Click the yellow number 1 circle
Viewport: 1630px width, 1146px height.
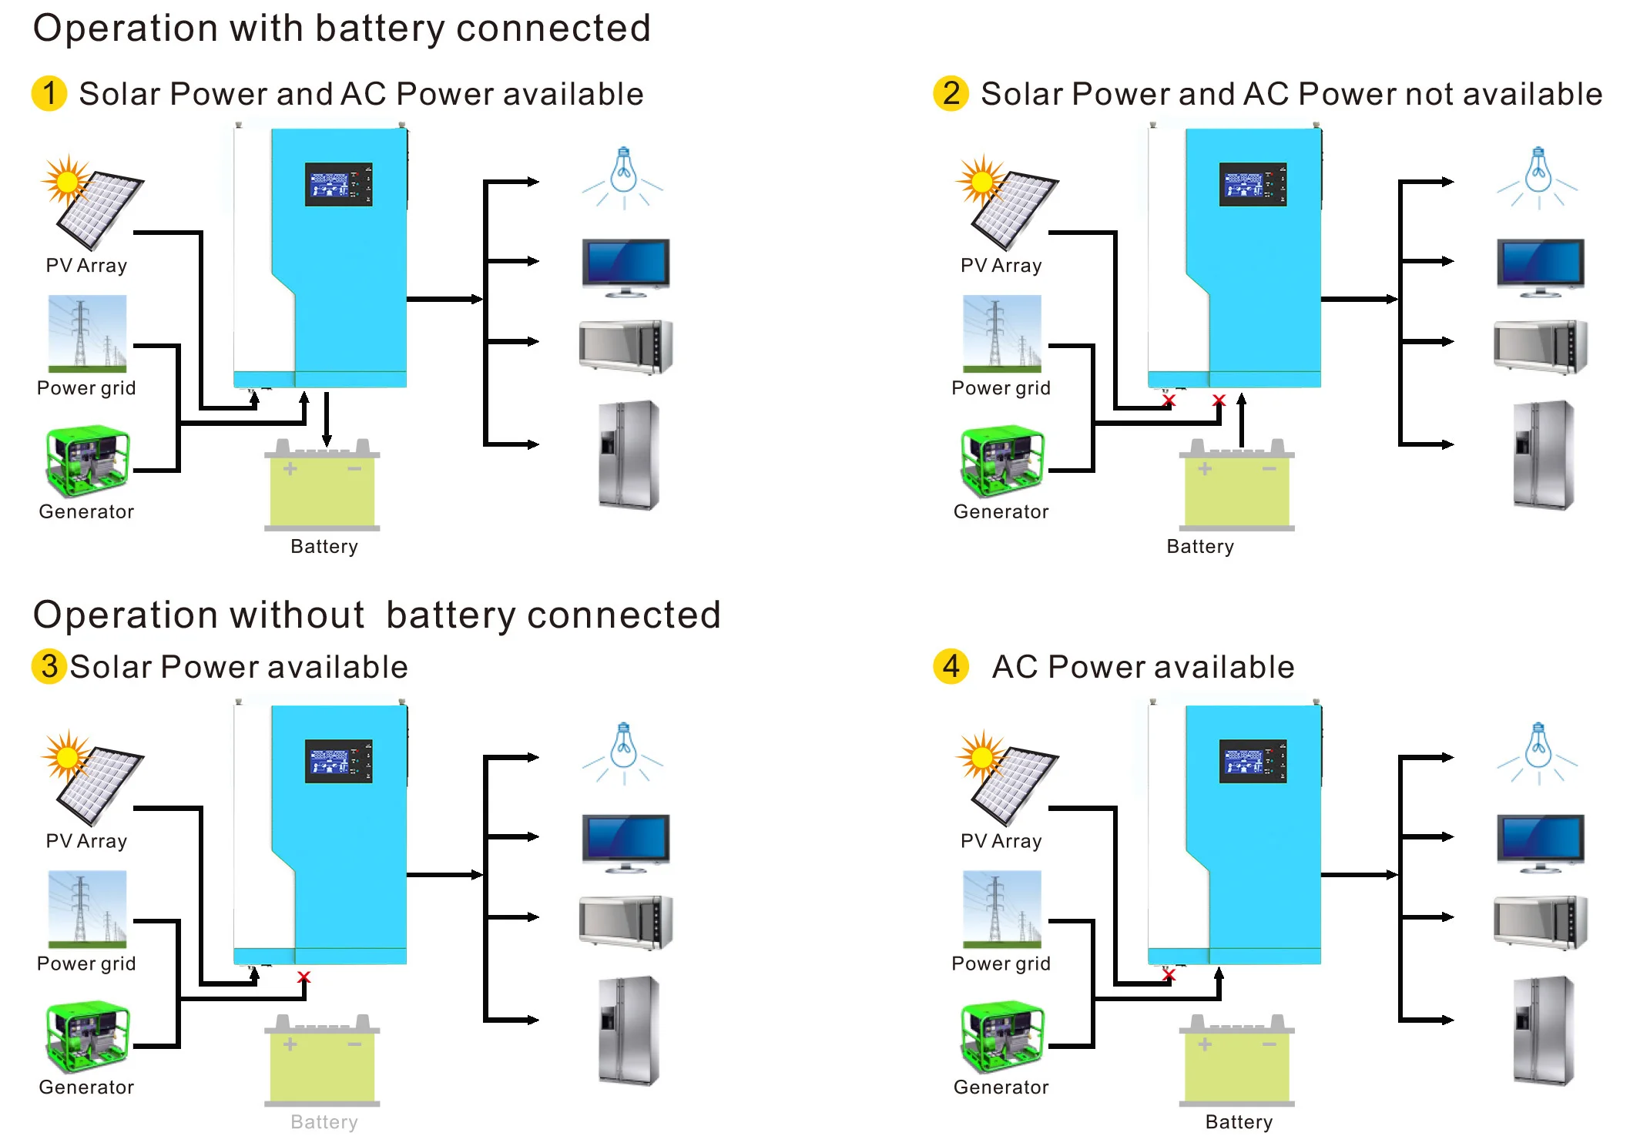(x=49, y=93)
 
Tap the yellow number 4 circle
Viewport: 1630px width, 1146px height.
(x=951, y=666)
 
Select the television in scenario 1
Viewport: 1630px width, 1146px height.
(x=626, y=266)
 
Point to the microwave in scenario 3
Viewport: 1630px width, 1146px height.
(x=626, y=922)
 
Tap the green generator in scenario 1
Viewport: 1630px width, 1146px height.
(x=87, y=461)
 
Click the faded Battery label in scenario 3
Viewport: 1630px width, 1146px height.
(x=324, y=1121)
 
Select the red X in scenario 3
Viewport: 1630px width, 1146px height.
(x=304, y=977)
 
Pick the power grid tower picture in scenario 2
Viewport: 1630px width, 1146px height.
(x=1001, y=333)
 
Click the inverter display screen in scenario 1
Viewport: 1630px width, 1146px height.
(x=338, y=184)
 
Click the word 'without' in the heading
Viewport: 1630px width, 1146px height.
(x=297, y=615)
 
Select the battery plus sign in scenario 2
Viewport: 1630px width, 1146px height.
(x=1205, y=468)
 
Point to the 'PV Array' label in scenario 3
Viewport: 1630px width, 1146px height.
(x=86, y=841)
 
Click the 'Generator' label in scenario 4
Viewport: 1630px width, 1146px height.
(x=1001, y=1087)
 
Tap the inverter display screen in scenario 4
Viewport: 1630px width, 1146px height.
(x=1253, y=760)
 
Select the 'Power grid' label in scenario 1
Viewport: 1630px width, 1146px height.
(x=86, y=387)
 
